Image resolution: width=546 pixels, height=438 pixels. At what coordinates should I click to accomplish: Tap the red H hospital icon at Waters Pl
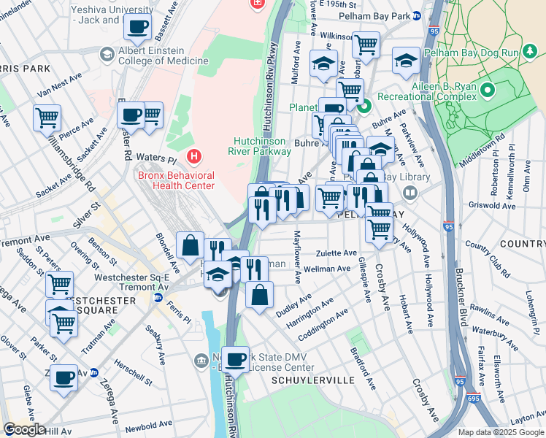[x=193, y=155]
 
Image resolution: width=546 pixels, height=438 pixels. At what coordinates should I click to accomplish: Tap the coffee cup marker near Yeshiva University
[x=137, y=28]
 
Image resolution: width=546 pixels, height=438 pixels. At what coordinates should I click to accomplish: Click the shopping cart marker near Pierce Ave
[x=47, y=117]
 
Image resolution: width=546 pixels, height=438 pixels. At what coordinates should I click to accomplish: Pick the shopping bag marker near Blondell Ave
[x=190, y=245]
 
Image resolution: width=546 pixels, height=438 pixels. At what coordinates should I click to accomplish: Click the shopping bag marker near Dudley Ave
[x=259, y=295]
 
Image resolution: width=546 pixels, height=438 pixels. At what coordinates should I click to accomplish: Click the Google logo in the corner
[x=23, y=429]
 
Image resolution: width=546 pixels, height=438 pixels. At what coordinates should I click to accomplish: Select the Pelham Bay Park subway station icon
[x=417, y=16]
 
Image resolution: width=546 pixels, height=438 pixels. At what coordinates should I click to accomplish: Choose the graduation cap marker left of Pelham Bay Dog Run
[x=406, y=62]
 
